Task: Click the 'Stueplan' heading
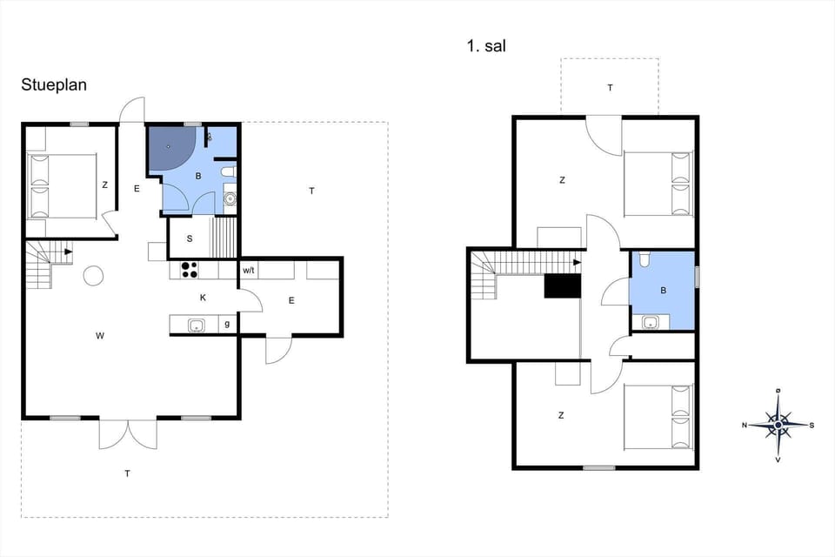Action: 54,84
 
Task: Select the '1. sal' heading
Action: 485,46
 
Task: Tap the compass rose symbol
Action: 778,425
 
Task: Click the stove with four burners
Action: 189,271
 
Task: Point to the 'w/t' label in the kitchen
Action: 249,271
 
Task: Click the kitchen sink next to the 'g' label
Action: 197,325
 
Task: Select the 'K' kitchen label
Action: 204,298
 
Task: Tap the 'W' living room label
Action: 101,334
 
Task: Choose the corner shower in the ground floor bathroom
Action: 170,148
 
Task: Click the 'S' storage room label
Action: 190,238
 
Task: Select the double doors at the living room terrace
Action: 128,433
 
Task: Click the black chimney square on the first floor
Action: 561,286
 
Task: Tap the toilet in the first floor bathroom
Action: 644,260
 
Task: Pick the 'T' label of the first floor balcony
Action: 610,88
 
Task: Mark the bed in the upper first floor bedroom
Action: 659,183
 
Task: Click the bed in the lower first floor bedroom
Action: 659,417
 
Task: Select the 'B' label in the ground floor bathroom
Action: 198,176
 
